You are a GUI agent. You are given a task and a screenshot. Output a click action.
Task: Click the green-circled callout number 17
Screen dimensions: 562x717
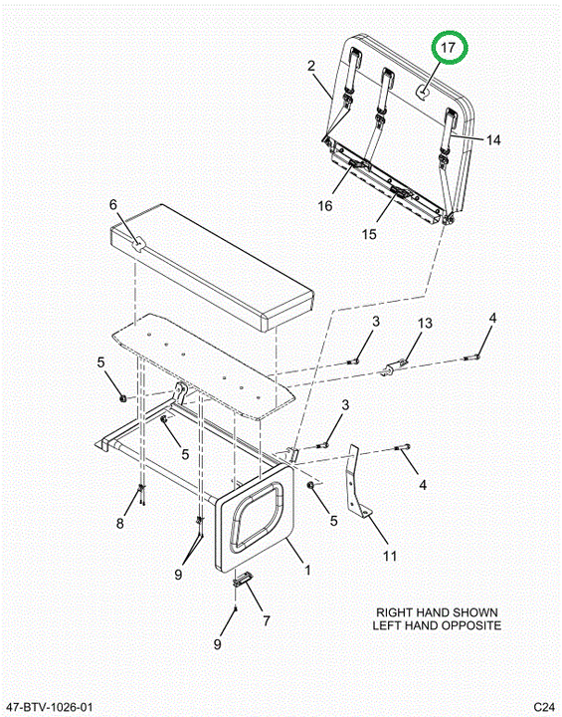click(x=449, y=47)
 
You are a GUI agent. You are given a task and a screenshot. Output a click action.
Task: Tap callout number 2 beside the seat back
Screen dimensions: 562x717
click(x=311, y=66)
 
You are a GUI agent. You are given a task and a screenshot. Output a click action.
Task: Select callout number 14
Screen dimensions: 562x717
click(x=493, y=140)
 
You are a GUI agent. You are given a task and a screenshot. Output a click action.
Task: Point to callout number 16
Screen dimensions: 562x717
click(x=325, y=206)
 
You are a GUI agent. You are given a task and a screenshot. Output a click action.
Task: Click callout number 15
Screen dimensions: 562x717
click(x=369, y=234)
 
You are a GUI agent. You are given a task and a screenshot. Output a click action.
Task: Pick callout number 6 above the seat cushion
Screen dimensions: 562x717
click(x=113, y=204)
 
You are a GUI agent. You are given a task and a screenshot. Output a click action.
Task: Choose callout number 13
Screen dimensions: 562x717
click(x=425, y=323)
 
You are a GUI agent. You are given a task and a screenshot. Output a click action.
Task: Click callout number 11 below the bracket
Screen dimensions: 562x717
click(x=389, y=556)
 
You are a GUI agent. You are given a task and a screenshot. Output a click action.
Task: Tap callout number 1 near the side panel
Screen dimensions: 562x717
click(x=308, y=571)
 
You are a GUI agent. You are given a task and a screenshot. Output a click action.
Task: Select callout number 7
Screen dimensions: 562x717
click(x=267, y=620)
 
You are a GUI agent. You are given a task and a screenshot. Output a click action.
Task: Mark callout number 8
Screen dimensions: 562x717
click(x=119, y=523)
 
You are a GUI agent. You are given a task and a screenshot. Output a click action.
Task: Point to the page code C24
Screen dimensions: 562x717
click(x=544, y=707)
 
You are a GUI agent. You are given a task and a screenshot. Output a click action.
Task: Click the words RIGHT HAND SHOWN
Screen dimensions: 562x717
click(x=437, y=612)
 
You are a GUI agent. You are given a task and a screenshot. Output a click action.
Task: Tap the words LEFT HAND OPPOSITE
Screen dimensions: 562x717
click(x=437, y=625)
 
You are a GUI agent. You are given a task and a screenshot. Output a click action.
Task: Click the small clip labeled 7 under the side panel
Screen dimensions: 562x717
click(x=242, y=579)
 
